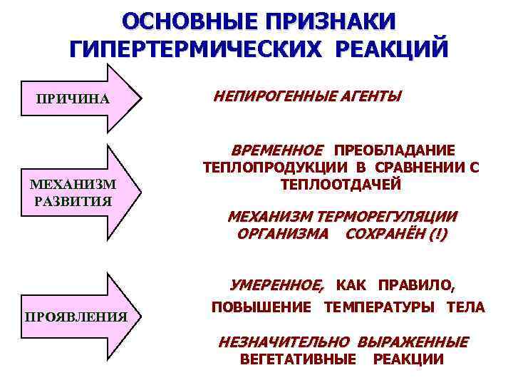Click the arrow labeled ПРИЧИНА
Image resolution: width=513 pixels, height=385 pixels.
point(79,98)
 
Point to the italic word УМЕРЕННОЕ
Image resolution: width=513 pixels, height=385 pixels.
point(276,285)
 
